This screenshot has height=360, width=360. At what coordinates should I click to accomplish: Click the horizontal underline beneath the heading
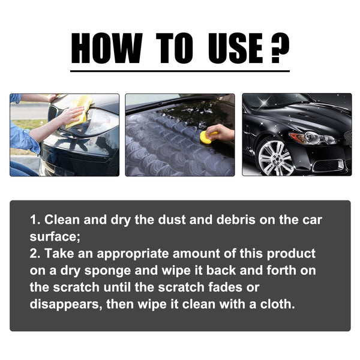click(179, 71)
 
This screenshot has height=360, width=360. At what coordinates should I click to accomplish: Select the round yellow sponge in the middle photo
click(206, 137)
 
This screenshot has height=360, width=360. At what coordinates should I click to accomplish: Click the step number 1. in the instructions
click(35, 220)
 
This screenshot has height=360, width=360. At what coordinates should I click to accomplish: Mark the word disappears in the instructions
click(65, 304)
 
